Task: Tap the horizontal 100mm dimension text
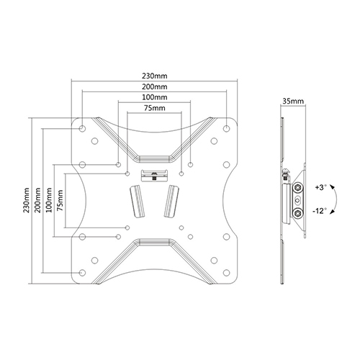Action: (x=155, y=97)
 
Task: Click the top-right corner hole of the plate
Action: (x=227, y=128)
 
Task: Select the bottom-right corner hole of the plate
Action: (x=227, y=273)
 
